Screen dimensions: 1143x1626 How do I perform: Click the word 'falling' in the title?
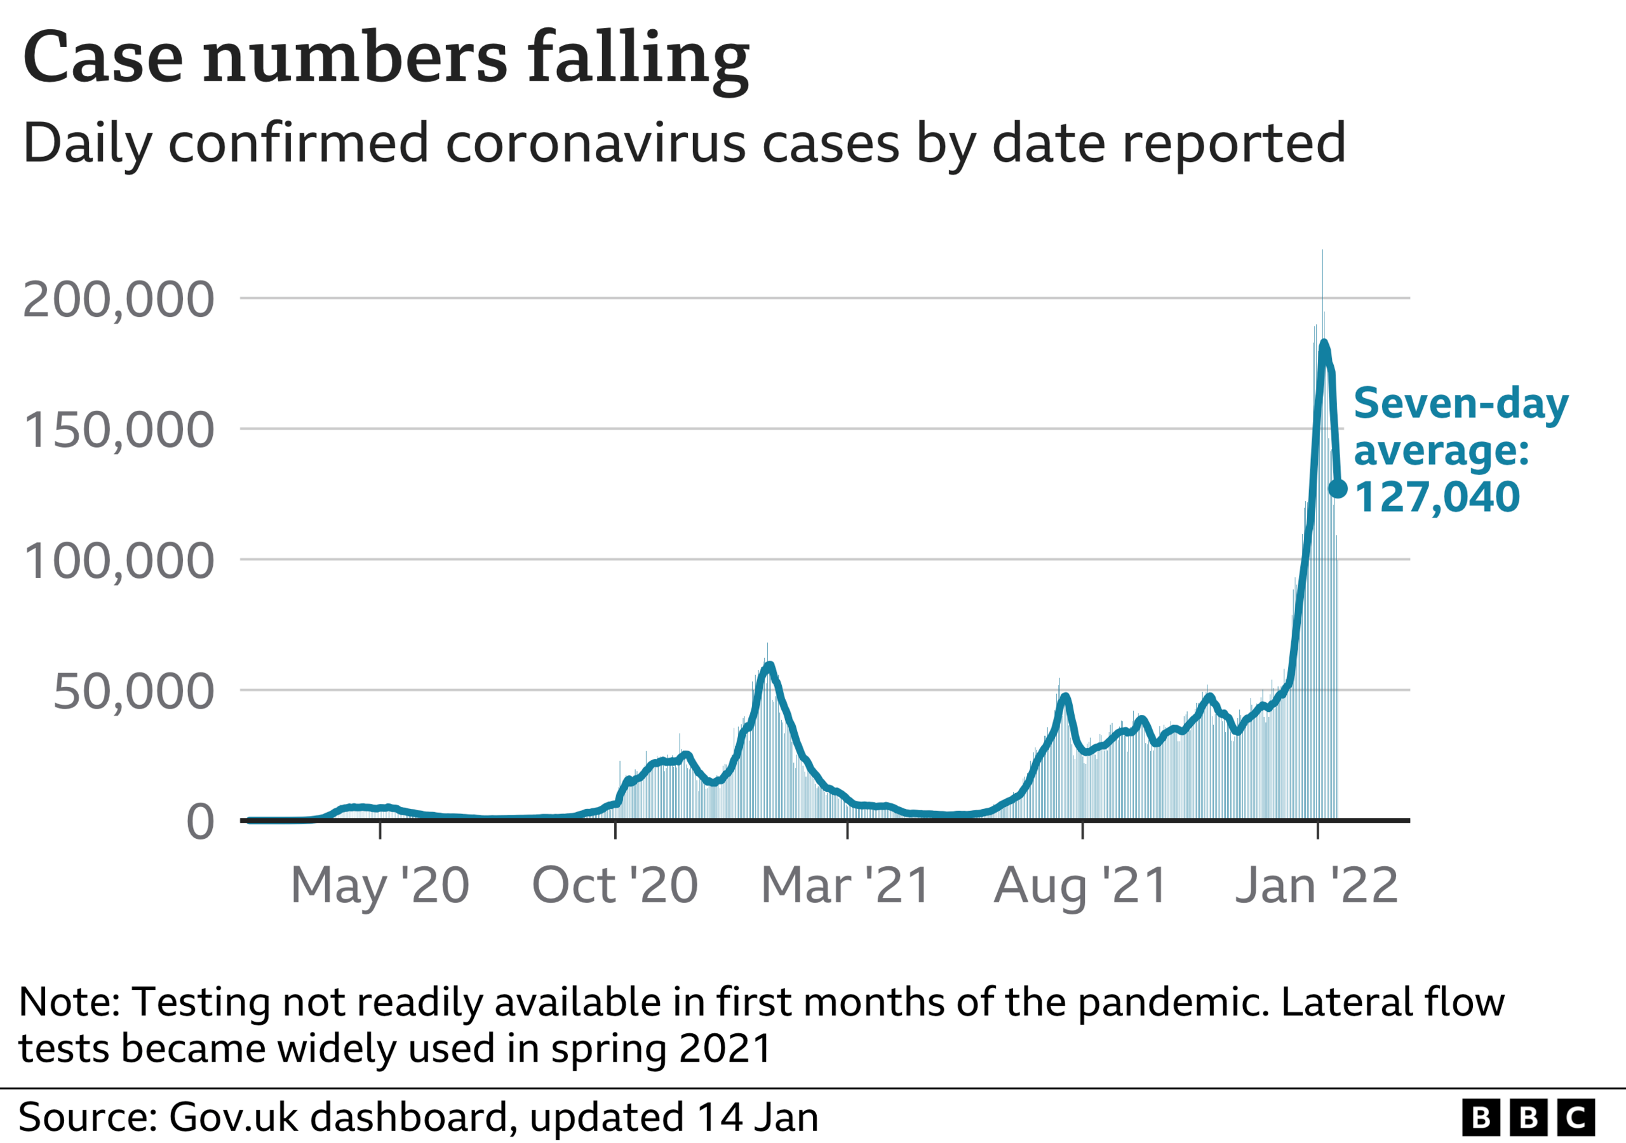click(x=637, y=58)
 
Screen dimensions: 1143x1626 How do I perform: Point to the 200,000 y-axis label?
click(x=118, y=300)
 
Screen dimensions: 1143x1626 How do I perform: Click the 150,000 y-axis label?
click(x=118, y=430)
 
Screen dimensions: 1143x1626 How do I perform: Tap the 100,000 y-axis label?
click(x=118, y=561)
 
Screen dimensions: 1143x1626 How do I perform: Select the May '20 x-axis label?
click(x=380, y=885)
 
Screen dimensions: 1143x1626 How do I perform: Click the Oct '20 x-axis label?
click(x=615, y=885)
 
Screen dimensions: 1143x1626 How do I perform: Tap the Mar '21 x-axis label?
click(x=845, y=885)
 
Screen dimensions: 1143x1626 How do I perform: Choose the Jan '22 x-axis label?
click(x=1317, y=885)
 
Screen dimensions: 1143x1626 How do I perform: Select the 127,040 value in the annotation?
click(x=1437, y=497)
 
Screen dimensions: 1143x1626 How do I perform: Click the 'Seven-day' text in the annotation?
click(x=1460, y=404)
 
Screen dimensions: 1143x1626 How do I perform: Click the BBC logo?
click(x=1528, y=1118)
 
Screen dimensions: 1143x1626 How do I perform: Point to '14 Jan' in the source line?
click(x=757, y=1118)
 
